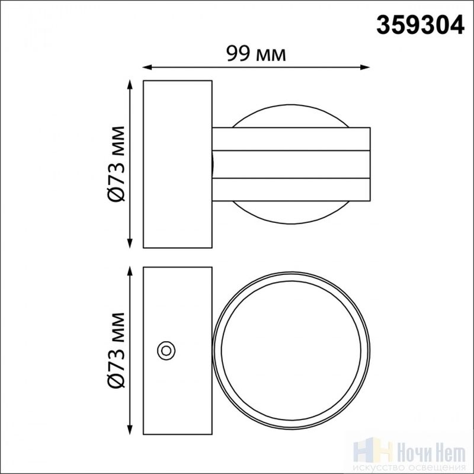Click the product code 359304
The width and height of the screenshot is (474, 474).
pos(420,25)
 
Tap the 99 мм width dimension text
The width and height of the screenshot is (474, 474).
pos(257,54)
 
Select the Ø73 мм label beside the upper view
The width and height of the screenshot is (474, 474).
pos(116,164)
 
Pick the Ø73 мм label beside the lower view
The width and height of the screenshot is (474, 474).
pos(116,350)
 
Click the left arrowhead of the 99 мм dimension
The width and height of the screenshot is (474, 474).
pos(146,67)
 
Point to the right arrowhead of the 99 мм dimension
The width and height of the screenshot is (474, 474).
pos(366,67)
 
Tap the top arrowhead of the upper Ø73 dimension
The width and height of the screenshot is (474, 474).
pos(130,84)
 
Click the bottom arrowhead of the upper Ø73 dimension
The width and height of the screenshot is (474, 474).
pos(130,244)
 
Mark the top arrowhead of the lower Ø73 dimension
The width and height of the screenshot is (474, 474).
pos(130,271)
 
